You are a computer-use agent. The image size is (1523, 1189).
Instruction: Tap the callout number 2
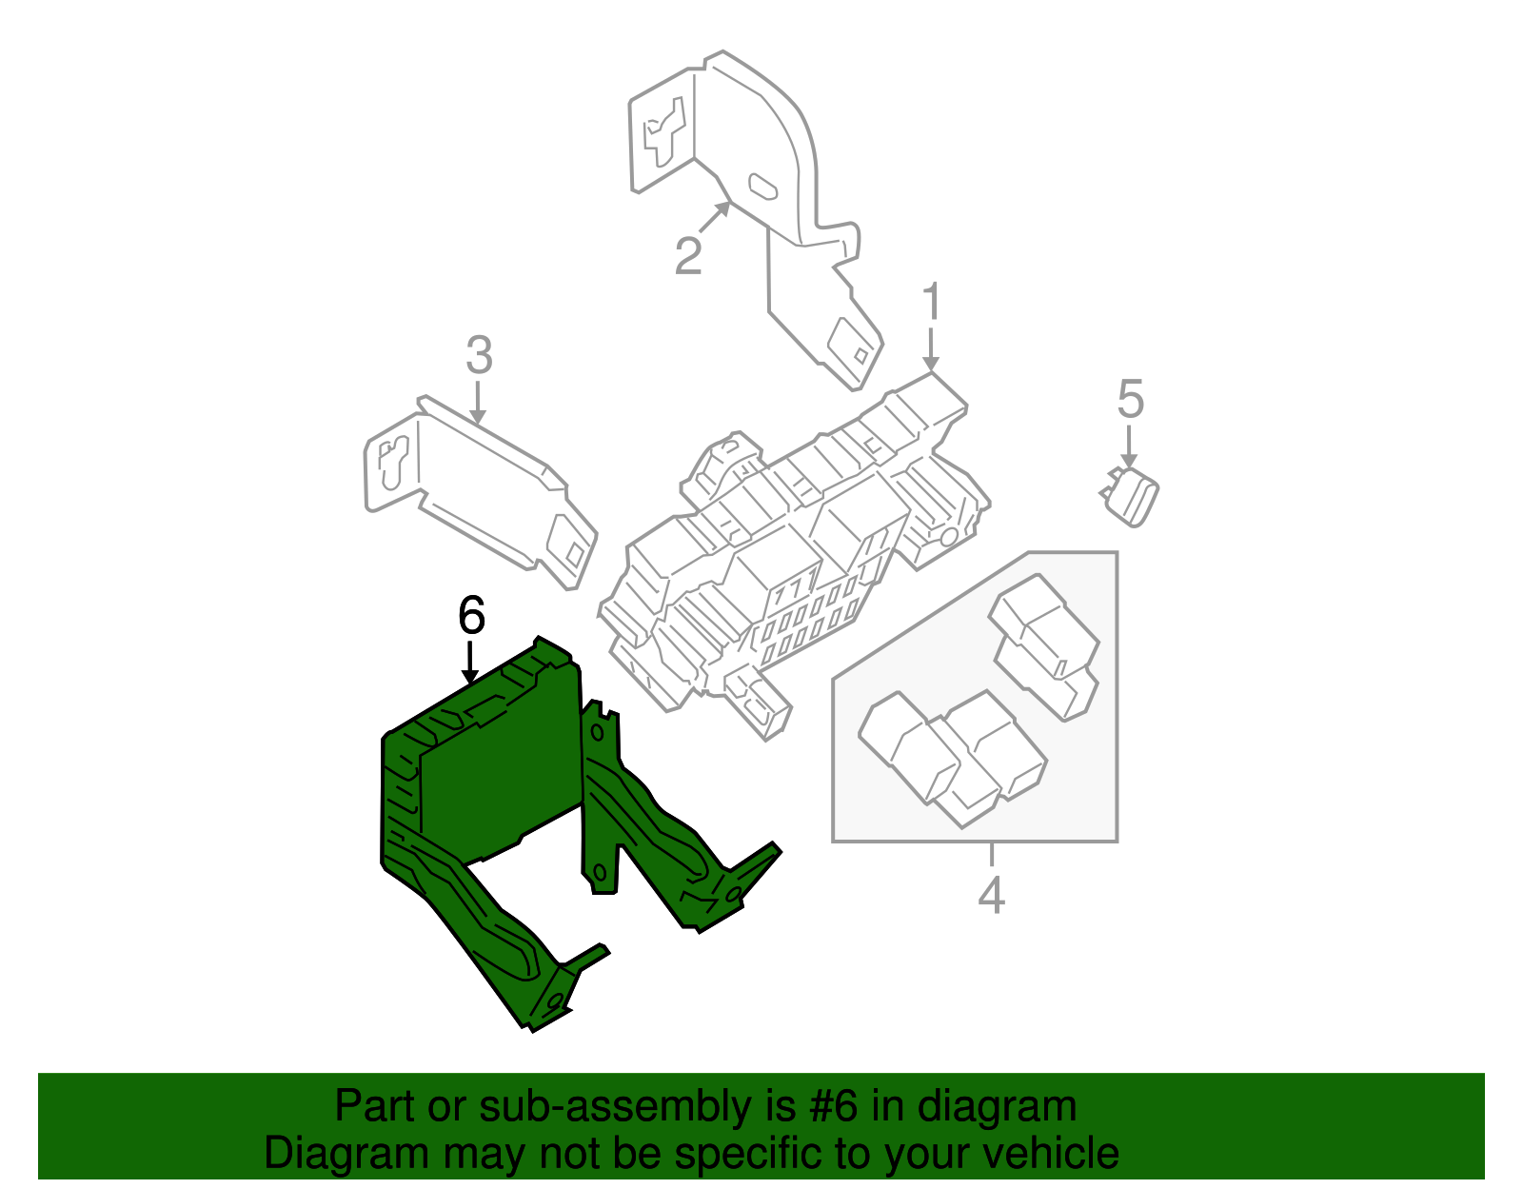point(688,255)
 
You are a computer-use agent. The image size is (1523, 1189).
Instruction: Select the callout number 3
point(479,355)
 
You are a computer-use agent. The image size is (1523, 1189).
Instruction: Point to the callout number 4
point(991,895)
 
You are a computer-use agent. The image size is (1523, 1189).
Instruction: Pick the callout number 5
point(1130,399)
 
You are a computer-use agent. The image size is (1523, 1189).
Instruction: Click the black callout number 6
point(471,616)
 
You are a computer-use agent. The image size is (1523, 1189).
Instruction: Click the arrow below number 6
point(470,663)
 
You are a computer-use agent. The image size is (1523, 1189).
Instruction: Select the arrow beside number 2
point(714,218)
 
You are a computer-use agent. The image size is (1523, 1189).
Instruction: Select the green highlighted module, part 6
point(495,781)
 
